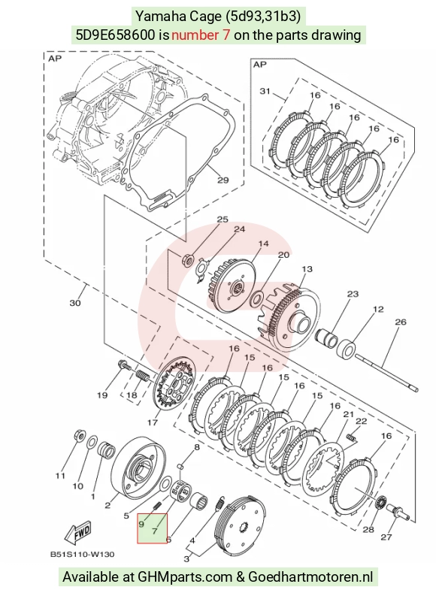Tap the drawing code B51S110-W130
click(x=82, y=555)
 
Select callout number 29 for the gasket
click(x=223, y=180)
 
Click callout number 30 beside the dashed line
click(x=75, y=303)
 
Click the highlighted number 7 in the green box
click(x=154, y=531)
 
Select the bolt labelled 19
click(x=124, y=365)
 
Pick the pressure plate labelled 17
click(x=175, y=385)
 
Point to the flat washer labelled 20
click(x=256, y=298)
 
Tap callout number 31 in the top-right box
click(x=265, y=91)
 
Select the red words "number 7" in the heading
click(x=201, y=35)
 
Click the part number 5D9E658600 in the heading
click(x=115, y=35)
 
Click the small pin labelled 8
click(x=181, y=466)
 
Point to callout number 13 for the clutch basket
click(x=307, y=269)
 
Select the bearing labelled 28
click(x=380, y=504)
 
